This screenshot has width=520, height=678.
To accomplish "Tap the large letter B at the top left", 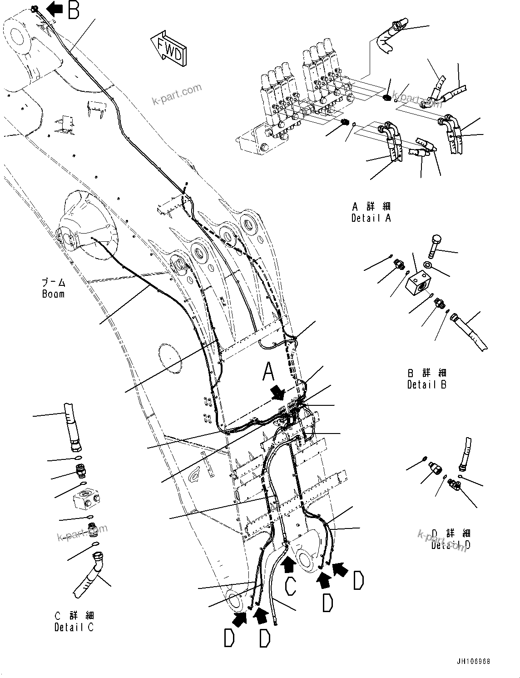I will (74, 10).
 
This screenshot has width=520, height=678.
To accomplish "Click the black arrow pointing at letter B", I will (55, 8).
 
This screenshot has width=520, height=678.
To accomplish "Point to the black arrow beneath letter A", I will (277, 392).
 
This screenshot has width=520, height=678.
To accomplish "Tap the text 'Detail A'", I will (371, 218).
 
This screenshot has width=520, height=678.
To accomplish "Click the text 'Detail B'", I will (426, 384).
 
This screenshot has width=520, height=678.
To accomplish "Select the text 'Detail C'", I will (74, 628).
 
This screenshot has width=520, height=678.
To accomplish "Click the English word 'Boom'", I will (53, 294).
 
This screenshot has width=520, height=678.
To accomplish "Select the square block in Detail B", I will (418, 284).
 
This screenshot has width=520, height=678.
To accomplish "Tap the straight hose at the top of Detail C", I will (72, 426).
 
